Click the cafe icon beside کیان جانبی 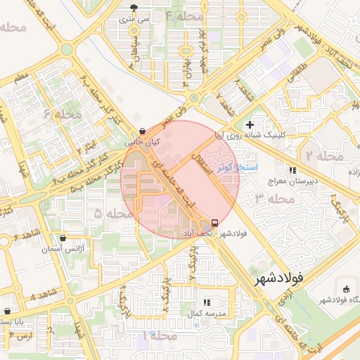click(143, 131)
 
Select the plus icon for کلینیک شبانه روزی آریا click(250, 124)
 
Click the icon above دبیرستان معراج click(292, 170)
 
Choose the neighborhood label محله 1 click(159, 336)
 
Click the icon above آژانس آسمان click(64, 239)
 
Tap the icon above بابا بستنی click(7, 311)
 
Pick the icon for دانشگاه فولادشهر click(345, 290)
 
